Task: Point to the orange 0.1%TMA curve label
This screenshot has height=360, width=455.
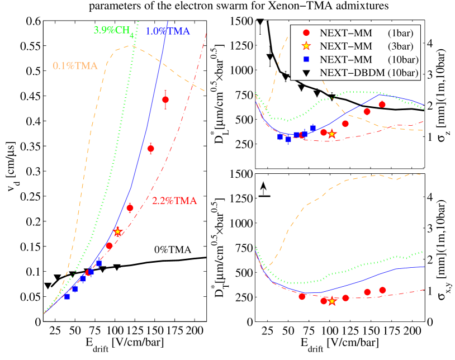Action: click(75, 66)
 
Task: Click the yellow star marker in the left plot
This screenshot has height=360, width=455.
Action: click(117, 231)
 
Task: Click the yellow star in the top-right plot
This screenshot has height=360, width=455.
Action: click(332, 134)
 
